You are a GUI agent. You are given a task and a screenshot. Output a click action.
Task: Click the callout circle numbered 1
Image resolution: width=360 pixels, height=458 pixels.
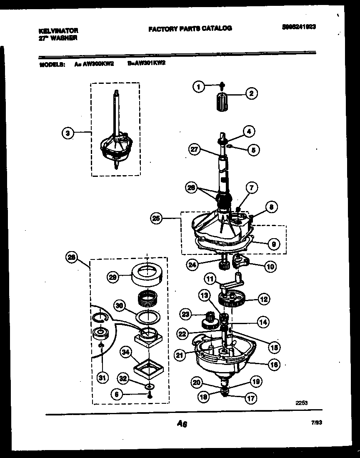click(x=199, y=87)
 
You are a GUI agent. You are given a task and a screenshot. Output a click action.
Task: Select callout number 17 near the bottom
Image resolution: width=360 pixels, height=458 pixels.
click(x=251, y=398)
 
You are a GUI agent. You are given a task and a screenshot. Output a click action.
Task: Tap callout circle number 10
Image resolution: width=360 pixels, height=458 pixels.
click(x=270, y=266)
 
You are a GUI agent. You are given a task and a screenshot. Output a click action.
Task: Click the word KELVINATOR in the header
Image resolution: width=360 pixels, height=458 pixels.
click(x=58, y=31)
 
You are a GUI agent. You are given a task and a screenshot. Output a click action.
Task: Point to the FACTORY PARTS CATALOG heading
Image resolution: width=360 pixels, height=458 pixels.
click(x=190, y=28)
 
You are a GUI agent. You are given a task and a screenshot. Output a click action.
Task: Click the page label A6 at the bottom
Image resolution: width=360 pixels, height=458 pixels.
click(x=182, y=424)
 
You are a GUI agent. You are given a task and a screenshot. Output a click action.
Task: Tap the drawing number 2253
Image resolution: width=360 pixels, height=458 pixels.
click(x=302, y=403)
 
